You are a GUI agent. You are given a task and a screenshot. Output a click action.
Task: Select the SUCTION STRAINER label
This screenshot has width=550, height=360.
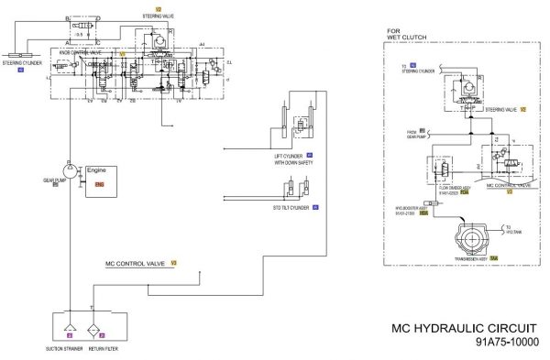[x=67, y=349]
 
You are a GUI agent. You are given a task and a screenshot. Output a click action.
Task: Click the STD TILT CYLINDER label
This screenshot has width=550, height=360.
[x=291, y=209]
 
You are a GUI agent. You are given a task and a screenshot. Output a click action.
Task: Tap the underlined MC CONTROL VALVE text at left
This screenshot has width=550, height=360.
[x=135, y=263]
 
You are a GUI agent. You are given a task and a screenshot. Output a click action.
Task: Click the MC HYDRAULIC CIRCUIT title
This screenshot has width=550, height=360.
[x=463, y=328]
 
